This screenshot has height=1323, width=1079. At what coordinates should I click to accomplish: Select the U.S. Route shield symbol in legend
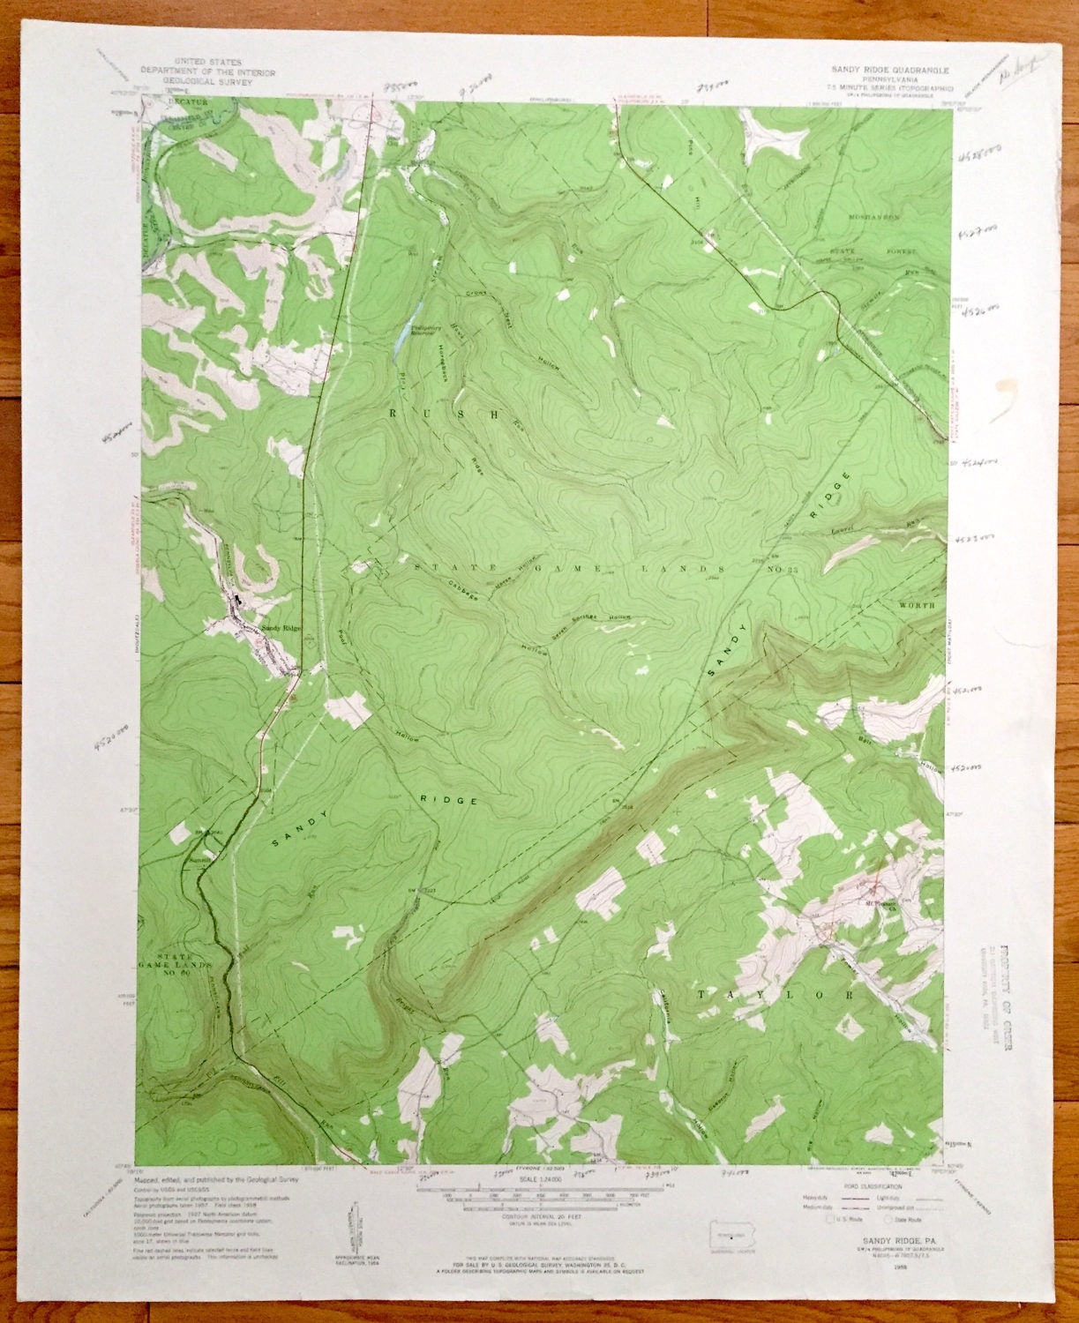click(829, 1221)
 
